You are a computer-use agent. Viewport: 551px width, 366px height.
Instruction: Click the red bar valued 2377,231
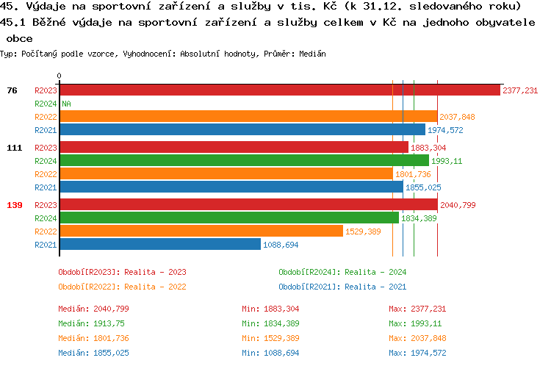280,90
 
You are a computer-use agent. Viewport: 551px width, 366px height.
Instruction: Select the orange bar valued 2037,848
248,117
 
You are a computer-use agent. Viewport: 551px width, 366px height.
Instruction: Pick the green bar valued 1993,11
244,160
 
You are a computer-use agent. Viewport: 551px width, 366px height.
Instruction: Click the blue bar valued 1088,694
160,244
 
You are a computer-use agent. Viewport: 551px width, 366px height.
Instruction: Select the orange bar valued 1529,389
201,231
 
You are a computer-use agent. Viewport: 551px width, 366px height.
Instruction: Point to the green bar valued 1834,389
229,218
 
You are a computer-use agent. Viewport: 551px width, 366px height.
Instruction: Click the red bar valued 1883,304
234,147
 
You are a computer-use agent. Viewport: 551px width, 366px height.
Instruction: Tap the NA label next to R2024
66,104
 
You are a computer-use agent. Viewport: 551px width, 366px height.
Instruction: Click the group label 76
12,90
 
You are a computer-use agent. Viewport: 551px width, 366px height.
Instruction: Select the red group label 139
15,205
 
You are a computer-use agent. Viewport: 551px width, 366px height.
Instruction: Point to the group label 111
15,148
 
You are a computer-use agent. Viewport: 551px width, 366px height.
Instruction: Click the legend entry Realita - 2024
342,272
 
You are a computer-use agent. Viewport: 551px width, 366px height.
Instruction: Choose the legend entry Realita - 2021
342,287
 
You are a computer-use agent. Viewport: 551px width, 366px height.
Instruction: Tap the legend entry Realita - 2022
122,287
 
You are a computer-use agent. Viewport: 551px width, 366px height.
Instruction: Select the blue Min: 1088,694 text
270,353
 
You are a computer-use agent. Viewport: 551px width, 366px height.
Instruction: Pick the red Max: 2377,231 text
417,309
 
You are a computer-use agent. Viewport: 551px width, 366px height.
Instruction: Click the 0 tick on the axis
60,76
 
